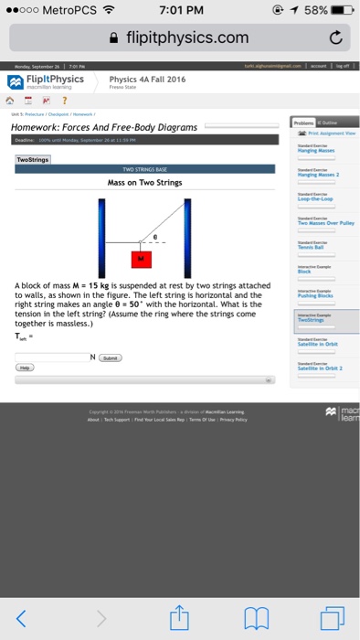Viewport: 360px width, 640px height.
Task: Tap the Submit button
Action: tap(108, 357)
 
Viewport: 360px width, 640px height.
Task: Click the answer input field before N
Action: tap(51, 357)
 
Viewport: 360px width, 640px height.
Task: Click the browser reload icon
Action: tap(333, 37)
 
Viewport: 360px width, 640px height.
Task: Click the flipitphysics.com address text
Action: tap(187, 37)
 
